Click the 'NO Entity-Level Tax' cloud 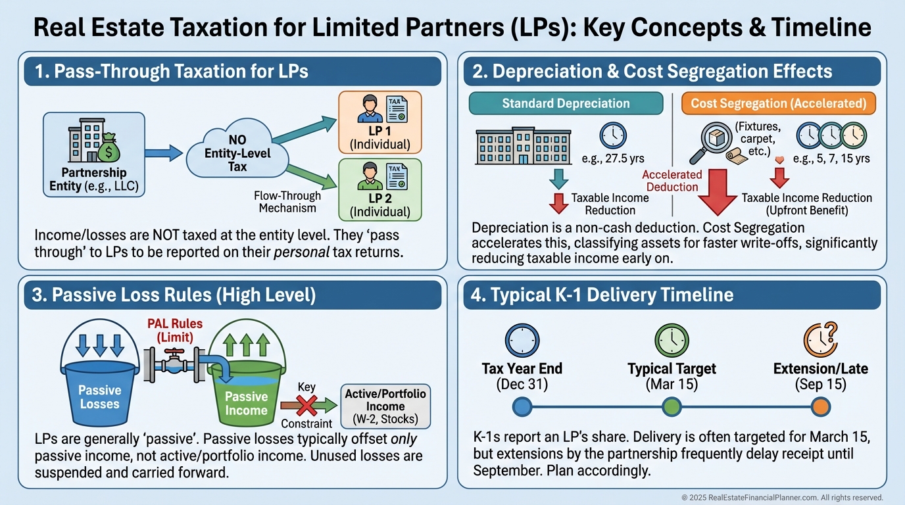point(237,153)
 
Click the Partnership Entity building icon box point(93,154)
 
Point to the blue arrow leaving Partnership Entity point(162,153)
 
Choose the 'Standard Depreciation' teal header point(566,103)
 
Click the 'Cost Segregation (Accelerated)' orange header point(778,103)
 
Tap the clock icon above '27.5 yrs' point(613,135)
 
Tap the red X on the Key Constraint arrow point(308,402)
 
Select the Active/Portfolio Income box point(385,406)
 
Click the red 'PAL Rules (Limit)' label point(174,330)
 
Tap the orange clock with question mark point(819,339)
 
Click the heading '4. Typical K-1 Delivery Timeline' point(602,294)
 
